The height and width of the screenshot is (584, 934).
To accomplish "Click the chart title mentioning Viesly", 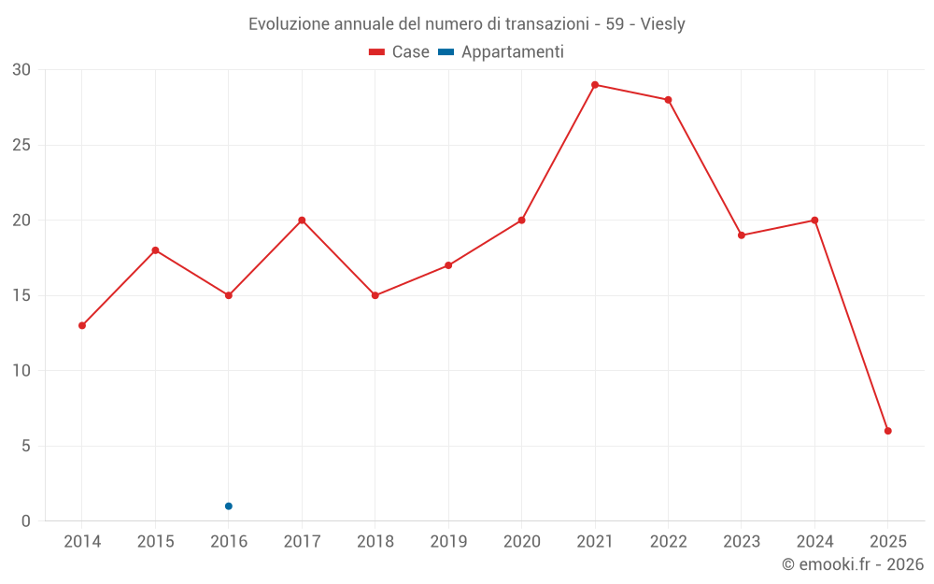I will click(x=466, y=24).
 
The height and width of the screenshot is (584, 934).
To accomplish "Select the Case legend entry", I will click(x=400, y=52).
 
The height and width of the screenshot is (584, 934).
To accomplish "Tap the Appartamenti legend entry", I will click(x=502, y=52).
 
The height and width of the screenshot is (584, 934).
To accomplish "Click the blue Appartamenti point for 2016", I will click(x=229, y=506).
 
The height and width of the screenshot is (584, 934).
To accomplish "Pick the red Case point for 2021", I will click(x=595, y=85).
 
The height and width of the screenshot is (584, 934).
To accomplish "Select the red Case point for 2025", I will click(x=888, y=431).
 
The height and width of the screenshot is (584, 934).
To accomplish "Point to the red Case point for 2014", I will click(x=82, y=325).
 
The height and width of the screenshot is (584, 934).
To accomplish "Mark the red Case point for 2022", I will click(x=668, y=100).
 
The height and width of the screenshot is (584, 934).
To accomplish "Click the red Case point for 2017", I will click(x=302, y=221).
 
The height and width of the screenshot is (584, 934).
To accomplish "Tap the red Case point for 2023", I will click(x=742, y=235).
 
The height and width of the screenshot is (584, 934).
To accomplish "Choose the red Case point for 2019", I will click(x=448, y=265).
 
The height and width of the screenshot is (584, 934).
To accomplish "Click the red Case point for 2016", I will click(x=229, y=295).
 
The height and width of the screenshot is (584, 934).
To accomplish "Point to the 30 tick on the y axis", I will click(x=21, y=70).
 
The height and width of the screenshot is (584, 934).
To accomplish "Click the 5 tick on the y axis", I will click(x=26, y=446).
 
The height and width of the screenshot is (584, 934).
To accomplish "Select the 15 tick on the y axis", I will click(x=21, y=295).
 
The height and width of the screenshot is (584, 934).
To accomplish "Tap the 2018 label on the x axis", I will click(x=375, y=542).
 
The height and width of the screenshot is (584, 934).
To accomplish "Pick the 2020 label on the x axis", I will click(x=521, y=542).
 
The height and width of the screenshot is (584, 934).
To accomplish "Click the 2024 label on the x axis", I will click(x=814, y=542).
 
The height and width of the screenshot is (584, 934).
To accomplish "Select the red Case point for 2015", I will click(x=155, y=250).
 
